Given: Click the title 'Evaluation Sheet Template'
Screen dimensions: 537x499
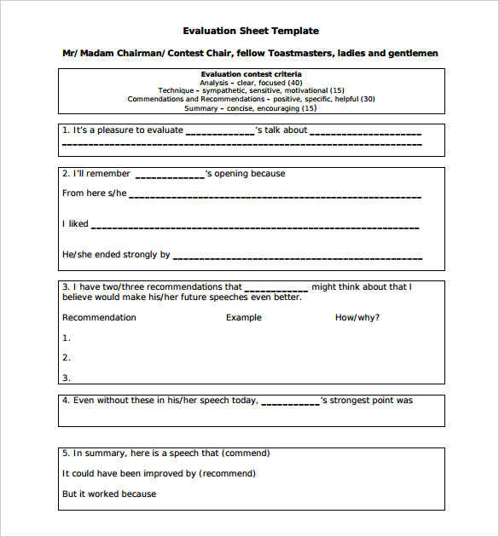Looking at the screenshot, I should pyautogui.click(x=251, y=31).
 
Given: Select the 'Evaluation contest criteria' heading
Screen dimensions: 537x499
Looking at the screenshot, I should pyautogui.click(x=251, y=74).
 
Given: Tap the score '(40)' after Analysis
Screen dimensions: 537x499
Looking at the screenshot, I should pyautogui.click(x=295, y=83).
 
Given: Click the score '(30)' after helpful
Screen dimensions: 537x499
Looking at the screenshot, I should pyautogui.click(x=367, y=99).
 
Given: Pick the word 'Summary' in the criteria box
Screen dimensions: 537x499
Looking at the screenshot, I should pyautogui.click(x=201, y=108).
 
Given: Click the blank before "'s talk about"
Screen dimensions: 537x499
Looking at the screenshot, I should pyautogui.click(x=219, y=131).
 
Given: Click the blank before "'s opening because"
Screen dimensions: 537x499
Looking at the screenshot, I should pyautogui.click(x=169, y=175).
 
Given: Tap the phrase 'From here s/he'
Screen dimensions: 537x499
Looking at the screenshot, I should pyautogui.click(x=94, y=193).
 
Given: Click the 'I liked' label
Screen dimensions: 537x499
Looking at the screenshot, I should pyautogui.click(x=75, y=224).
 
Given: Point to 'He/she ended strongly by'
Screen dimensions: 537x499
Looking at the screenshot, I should pyautogui.click(x=116, y=254).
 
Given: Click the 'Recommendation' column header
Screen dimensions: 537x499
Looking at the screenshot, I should pyautogui.click(x=99, y=317).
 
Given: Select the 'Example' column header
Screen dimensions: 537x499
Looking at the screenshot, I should pyautogui.click(x=244, y=317).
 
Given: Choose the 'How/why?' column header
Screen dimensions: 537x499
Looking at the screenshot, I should pyautogui.click(x=357, y=317).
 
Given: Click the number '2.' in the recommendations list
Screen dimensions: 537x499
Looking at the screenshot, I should pyautogui.click(x=67, y=358).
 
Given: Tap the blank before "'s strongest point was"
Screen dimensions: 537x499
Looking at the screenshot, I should pyautogui.click(x=289, y=401).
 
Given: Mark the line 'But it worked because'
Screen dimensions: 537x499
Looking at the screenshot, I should pyautogui.click(x=109, y=494).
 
